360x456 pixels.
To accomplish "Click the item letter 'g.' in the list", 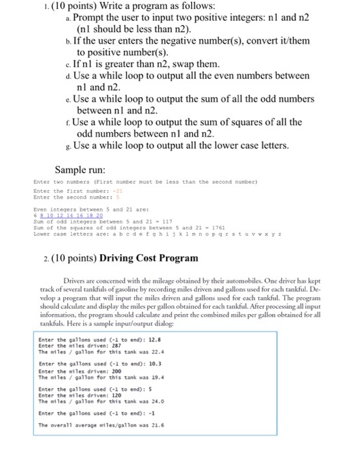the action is (68, 146).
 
